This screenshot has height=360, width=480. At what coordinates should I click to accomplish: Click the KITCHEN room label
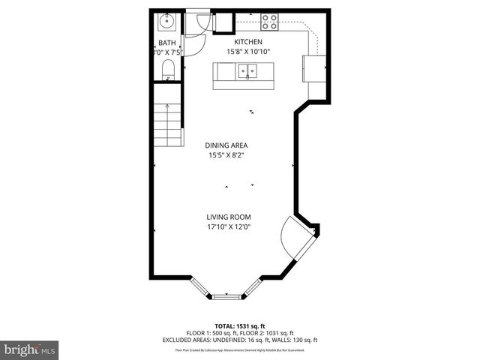248,42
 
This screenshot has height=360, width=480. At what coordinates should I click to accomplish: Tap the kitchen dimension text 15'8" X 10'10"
248,52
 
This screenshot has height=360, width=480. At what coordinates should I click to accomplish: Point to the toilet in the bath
168,70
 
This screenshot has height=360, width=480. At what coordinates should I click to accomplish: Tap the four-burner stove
268,22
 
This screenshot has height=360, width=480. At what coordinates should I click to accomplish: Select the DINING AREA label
226,145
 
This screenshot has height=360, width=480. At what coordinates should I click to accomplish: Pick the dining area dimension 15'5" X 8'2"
226,156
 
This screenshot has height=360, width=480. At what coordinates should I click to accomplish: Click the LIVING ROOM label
229,217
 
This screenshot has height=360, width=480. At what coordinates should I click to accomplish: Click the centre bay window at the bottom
229,297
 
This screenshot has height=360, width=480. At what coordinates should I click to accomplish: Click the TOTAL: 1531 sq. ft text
239,325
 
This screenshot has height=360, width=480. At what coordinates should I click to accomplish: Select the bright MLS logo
30,349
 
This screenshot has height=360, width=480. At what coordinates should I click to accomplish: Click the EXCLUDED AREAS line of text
240,340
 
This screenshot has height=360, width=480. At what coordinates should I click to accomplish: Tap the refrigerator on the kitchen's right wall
313,68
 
